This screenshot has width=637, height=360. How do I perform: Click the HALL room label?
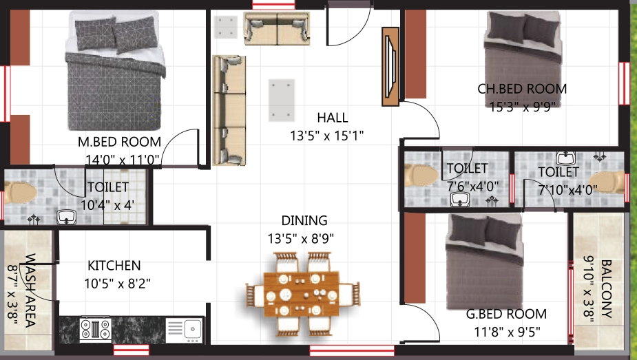point(333,118)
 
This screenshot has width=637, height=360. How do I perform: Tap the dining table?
point(302,294)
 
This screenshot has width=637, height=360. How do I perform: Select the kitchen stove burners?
point(96,329)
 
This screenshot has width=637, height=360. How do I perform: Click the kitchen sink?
point(184,330)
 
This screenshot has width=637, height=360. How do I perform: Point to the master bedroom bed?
point(116,71)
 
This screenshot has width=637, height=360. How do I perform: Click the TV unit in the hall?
point(390,67)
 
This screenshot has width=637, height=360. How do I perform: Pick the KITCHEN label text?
point(114,266)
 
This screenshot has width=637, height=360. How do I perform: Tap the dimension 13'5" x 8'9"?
point(301,239)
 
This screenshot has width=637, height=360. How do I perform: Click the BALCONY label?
point(606,288)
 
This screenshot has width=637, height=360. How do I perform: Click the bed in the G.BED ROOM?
point(484,262)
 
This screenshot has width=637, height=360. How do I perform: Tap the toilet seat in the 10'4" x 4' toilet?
point(19,192)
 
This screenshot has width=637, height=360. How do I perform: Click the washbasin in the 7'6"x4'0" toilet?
point(460,200)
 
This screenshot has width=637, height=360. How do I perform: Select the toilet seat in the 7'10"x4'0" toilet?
point(608,182)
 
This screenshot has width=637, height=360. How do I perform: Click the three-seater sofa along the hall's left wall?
point(229,110)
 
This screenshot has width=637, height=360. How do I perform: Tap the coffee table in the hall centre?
point(282,100)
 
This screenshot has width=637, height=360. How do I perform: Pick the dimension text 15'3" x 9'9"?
point(523,107)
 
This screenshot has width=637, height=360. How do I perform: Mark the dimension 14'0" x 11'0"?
point(123,160)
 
